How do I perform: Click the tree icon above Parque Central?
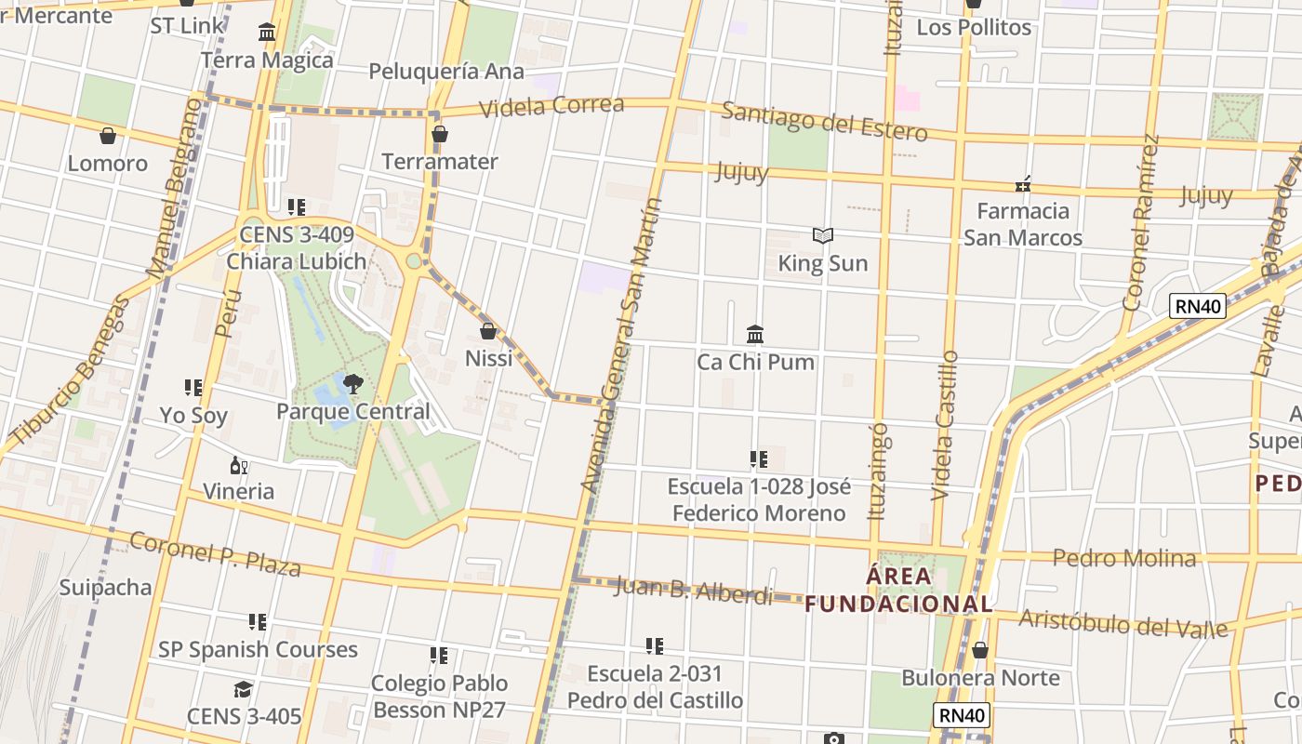[x=352, y=383]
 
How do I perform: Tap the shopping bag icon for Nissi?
[x=488, y=330]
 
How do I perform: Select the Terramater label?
[x=440, y=162]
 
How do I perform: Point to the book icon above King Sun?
[x=822, y=236]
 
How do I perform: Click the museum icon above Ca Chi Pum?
[x=755, y=334]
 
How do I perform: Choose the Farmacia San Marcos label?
[x=1022, y=224]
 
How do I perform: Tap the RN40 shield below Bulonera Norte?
[x=962, y=715]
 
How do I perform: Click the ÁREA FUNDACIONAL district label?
[x=898, y=590]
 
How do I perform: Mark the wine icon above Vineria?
[x=239, y=465]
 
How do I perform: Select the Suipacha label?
[x=105, y=587]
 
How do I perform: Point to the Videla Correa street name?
[x=552, y=105]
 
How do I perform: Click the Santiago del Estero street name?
[x=824, y=122]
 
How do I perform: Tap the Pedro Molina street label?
[x=1123, y=558]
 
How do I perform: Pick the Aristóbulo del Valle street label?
[x=1123, y=622]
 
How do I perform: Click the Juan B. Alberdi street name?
[x=693, y=591]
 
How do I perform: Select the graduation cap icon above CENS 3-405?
[x=244, y=689]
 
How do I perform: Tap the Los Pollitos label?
[x=974, y=28]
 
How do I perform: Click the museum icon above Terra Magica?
[x=267, y=33]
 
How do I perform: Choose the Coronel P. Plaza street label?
[x=215, y=553]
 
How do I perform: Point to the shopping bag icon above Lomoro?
[x=108, y=137]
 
